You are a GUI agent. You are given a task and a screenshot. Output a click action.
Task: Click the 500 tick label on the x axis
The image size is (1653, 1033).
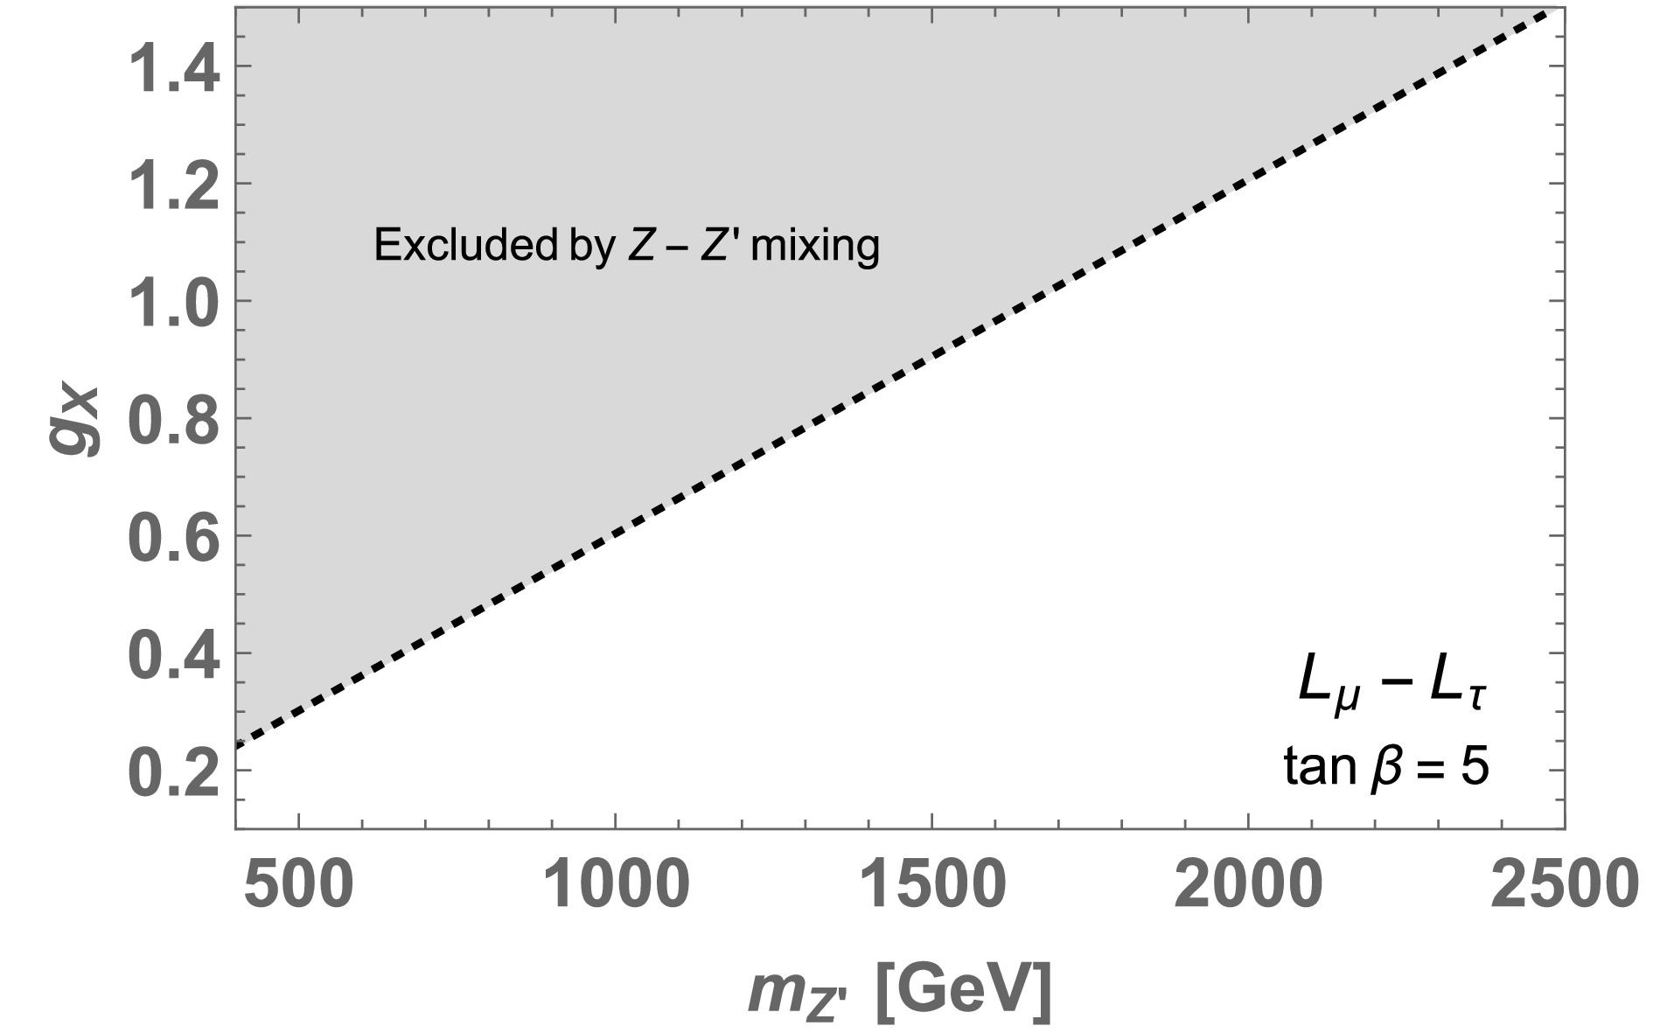299,886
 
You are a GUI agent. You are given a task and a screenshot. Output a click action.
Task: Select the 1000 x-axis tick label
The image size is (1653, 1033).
616,886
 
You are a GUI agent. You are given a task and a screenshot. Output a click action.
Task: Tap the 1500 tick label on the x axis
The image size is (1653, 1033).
931,886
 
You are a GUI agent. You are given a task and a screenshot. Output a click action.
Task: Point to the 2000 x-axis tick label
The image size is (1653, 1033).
1247,886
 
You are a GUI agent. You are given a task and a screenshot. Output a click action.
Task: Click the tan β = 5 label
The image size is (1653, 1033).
1386,769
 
